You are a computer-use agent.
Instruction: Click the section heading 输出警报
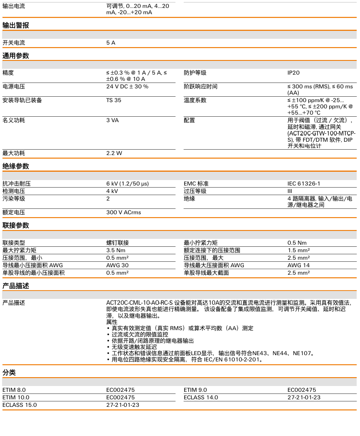16,25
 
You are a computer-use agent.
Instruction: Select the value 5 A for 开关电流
111,43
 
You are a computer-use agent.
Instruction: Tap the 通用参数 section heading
16,56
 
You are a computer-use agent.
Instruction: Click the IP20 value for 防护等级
293,73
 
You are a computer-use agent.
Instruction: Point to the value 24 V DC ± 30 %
127,86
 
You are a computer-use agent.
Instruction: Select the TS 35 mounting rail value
114,100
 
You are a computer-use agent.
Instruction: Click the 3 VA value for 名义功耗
112,120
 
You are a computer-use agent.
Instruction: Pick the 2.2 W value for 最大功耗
114,153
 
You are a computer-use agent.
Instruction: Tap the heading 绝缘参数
16,166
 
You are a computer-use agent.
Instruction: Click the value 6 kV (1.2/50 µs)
127,183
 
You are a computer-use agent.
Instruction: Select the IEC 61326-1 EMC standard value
304,183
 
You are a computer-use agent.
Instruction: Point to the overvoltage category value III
290,191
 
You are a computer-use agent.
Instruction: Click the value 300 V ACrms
124,212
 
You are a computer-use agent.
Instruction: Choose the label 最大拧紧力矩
19,250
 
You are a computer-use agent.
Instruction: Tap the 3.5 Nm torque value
116,250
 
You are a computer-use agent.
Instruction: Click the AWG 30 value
117,265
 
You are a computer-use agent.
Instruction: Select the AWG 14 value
299,265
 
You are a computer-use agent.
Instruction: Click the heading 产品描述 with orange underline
16,286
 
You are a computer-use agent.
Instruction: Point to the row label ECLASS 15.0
20,405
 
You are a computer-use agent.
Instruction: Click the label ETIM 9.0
195,390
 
